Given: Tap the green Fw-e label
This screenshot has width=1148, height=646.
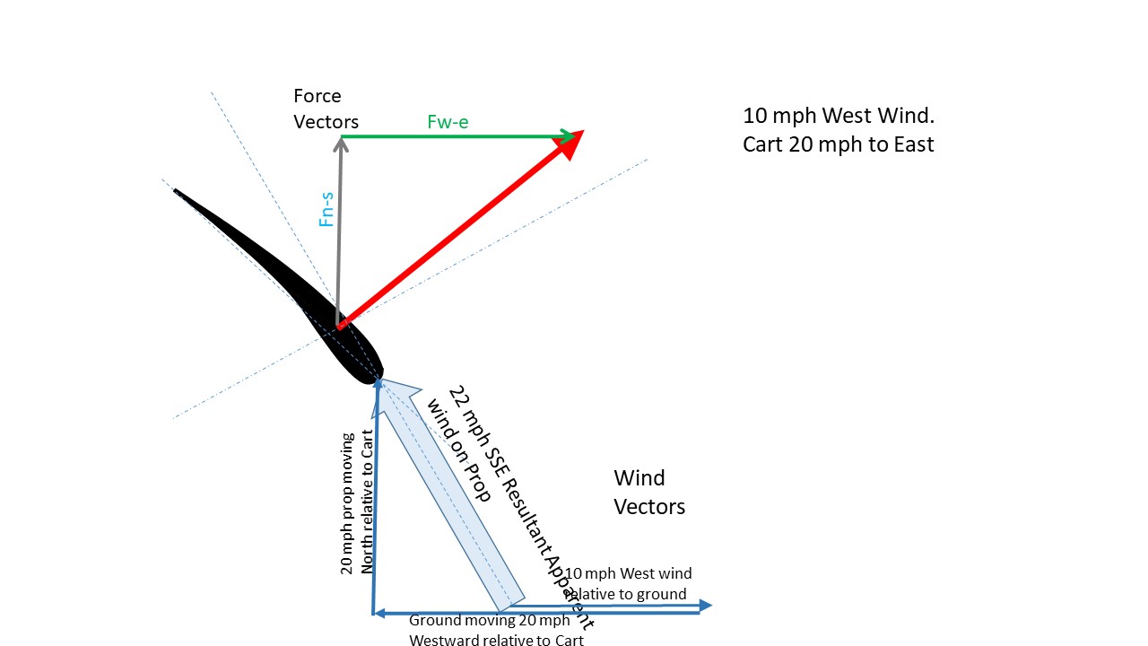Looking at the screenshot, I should tap(448, 123).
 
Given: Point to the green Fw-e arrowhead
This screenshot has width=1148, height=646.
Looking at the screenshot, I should tap(568, 136).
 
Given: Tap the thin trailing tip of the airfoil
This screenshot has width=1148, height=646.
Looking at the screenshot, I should tap(178, 192).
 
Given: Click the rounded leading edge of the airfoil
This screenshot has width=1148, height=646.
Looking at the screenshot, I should tap(376, 374).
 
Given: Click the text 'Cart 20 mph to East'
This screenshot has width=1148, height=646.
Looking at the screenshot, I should tap(839, 144).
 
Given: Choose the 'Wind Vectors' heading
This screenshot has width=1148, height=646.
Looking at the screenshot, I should tap(649, 493).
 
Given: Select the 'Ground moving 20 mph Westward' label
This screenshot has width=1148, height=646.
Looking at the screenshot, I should tap(496, 630).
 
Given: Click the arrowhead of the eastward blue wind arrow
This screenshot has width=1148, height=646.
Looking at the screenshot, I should tap(705, 606).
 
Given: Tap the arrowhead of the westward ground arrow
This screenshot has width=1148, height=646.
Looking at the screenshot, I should tap(378, 613).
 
